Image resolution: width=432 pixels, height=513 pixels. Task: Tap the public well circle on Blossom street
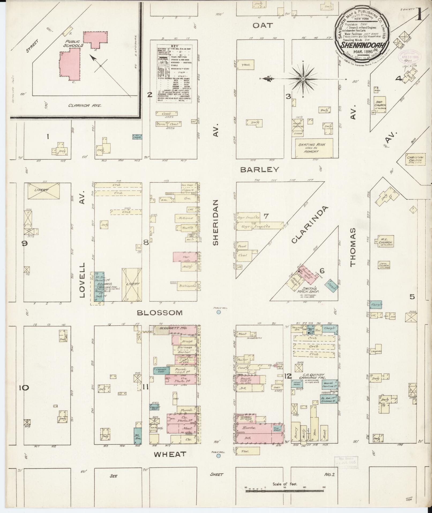click(x=219, y=312)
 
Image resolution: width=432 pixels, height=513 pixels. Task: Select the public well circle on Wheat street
click(x=219, y=456)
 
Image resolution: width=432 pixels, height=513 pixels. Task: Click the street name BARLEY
click(x=260, y=169)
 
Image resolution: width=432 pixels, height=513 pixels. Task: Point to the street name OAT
click(x=263, y=25)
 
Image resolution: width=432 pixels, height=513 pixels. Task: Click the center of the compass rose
click(x=303, y=79)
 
